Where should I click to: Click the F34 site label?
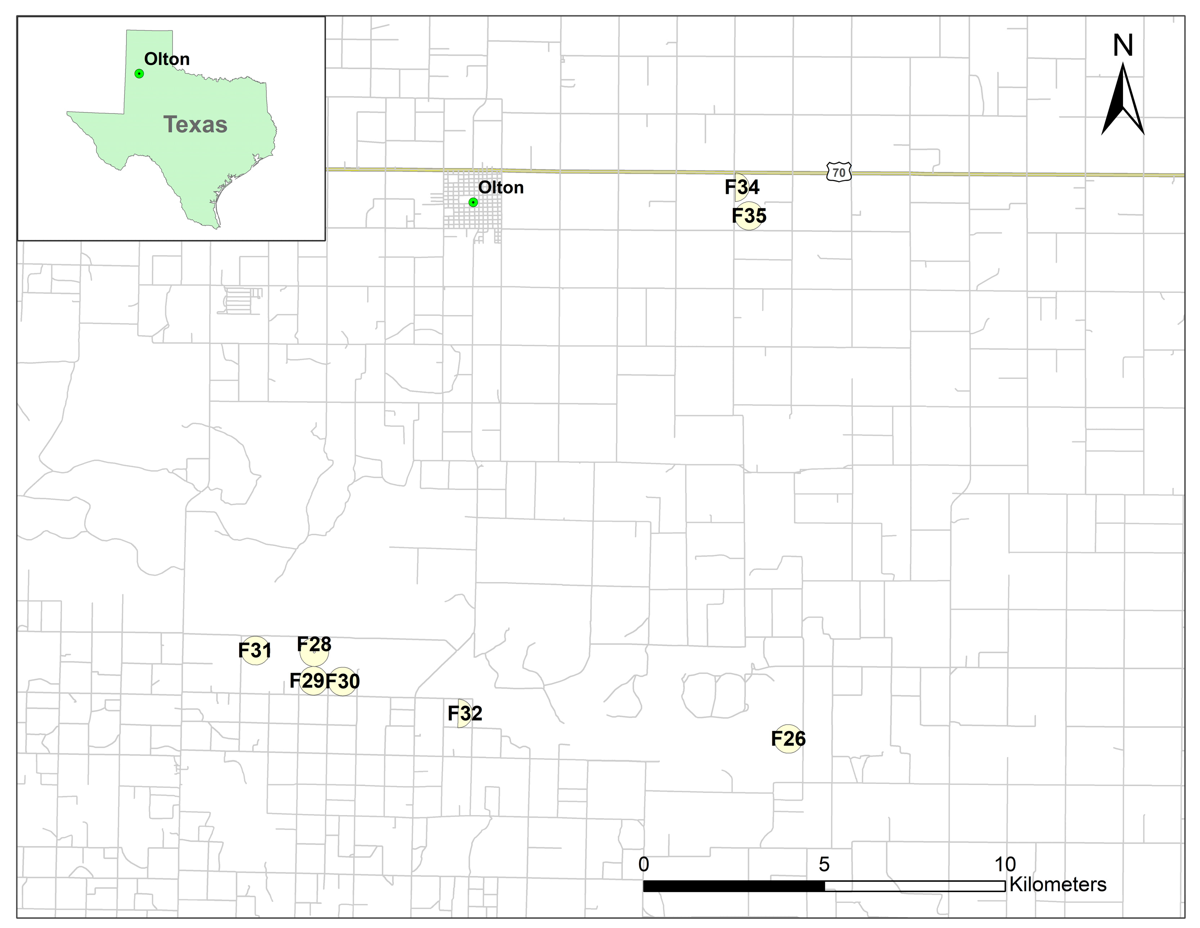[742, 187]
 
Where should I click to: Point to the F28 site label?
[314, 644]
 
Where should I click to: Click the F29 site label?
[307, 681]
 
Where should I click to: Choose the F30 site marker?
[343, 682]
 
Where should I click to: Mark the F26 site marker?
[788, 739]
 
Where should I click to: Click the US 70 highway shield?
[839, 172]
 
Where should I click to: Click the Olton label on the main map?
[500, 187]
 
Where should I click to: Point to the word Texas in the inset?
[195, 125]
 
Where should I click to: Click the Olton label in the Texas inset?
[167, 59]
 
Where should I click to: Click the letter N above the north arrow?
[1123, 46]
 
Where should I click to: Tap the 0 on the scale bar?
[643, 864]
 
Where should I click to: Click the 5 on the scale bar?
[824, 864]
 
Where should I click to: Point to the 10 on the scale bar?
[1005, 864]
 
